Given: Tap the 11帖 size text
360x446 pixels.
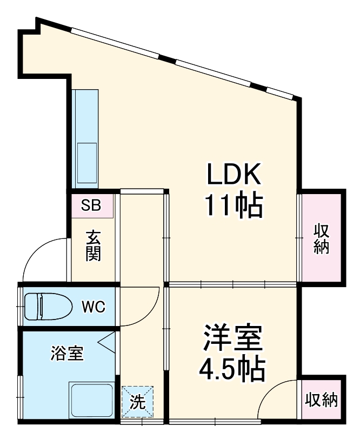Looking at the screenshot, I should [234, 205].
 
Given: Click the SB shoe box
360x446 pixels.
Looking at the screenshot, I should [91, 205].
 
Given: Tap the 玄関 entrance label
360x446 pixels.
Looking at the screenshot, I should [93, 246].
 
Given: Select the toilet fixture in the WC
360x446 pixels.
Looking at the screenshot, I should [48, 307].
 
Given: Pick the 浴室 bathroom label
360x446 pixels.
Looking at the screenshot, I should [68, 354].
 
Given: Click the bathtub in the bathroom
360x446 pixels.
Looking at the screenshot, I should [91, 400].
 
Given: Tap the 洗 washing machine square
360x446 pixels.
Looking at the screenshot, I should [137, 402].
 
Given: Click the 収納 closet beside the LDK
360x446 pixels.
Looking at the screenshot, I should [322, 237].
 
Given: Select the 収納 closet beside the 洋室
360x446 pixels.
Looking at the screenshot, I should [322, 401].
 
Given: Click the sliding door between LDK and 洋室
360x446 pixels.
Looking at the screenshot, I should [232, 284].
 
